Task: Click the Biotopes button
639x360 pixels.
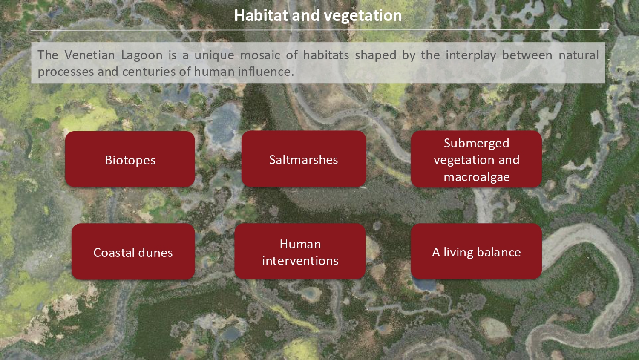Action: coord(130,159)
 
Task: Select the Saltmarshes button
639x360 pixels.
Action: coord(304,159)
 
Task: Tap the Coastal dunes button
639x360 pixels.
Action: coord(133,251)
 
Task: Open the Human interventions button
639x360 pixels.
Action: coord(300,251)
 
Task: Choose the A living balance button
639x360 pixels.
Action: coord(476,251)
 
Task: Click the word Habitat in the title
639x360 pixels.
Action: coord(261,15)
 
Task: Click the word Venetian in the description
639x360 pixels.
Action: coord(89,55)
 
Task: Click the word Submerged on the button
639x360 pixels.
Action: coord(476,144)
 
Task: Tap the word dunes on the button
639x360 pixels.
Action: coord(157,253)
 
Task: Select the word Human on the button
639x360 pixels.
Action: coord(300,244)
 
